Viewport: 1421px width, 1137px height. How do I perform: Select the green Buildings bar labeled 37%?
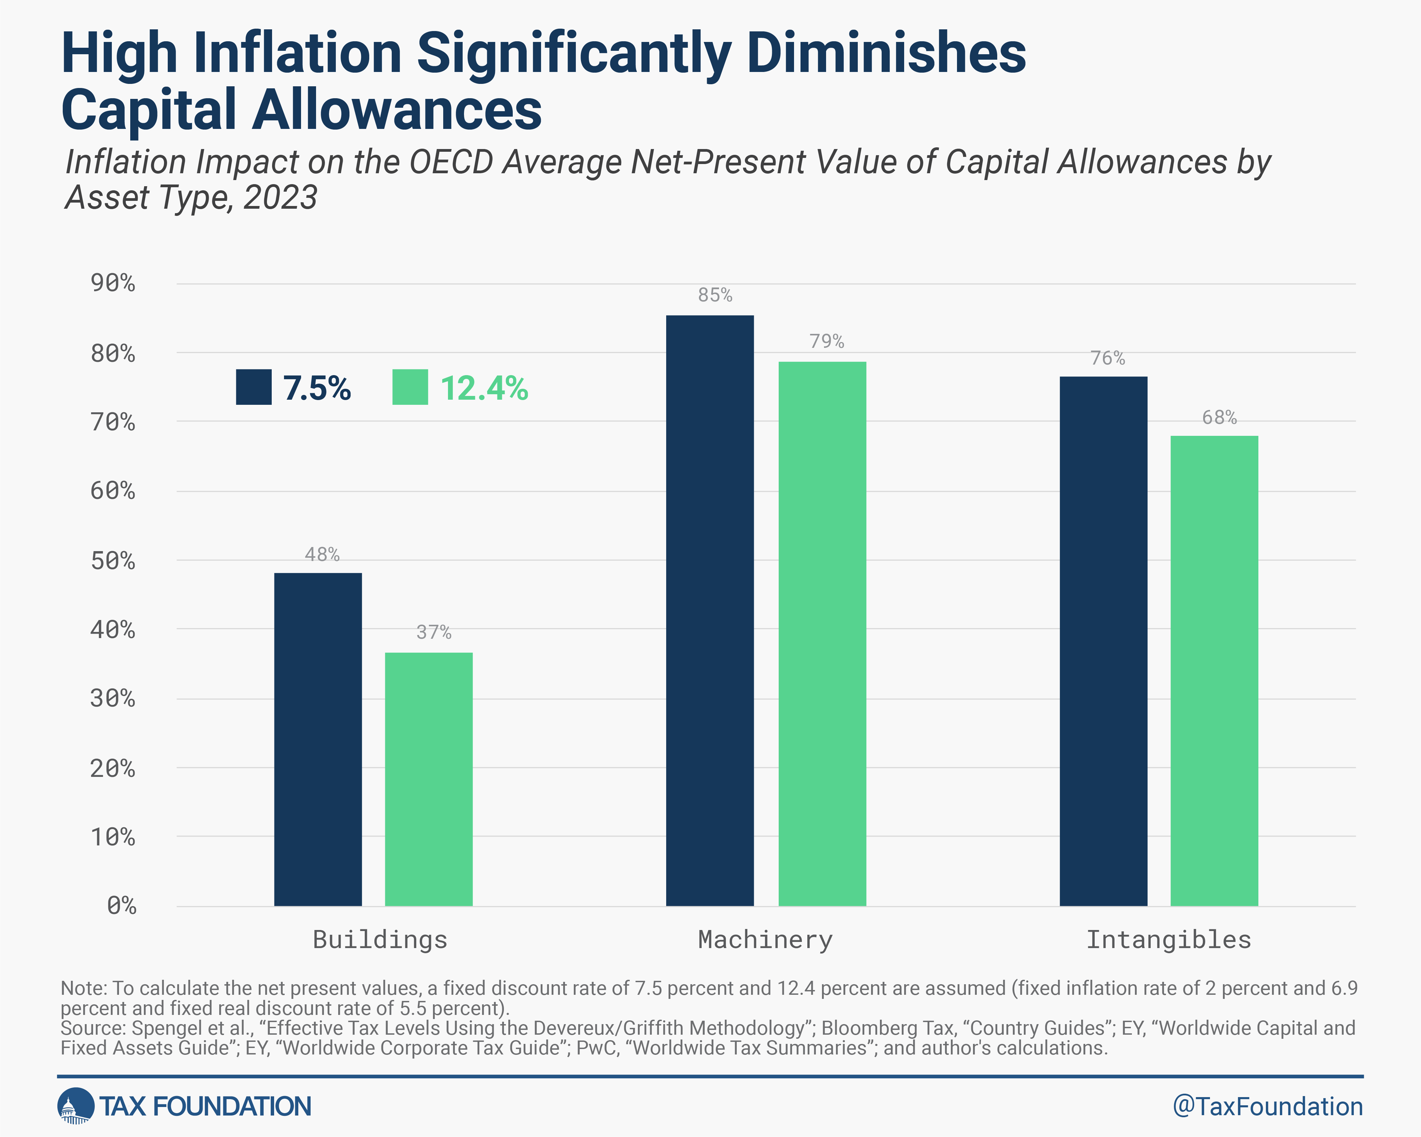coord(429,779)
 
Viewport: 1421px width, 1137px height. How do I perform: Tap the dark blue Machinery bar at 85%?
coord(710,610)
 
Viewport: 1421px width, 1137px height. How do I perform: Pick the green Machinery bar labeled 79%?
coord(822,633)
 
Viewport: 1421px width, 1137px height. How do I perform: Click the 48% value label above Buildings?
coord(321,554)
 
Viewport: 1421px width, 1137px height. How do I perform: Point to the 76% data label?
coord(1107,358)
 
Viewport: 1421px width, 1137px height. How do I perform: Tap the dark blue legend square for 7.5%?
coord(254,387)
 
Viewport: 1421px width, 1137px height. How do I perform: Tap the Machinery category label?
coord(765,939)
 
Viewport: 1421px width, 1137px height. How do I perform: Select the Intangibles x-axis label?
coord(1168,939)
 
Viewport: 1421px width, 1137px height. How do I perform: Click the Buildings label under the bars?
coord(380,939)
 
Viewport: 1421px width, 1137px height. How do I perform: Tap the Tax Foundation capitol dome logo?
coord(76,1105)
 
